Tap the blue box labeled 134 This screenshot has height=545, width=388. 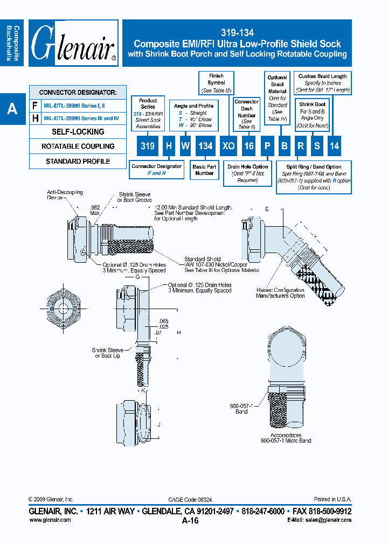(x=204, y=146)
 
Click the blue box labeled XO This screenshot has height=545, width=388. (x=228, y=146)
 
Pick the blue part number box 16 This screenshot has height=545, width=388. (x=248, y=146)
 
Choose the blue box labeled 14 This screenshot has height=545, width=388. (x=334, y=146)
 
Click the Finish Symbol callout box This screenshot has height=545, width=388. (x=216, y=82)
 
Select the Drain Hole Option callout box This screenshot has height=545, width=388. (x=247, y=173)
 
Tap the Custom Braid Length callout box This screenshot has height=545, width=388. (x=323, y=83)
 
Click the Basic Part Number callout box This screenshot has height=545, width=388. (x=204, y=170)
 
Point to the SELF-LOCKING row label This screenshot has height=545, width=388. (x=78, y=131)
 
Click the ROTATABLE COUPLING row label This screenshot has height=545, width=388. (x=78, y=146)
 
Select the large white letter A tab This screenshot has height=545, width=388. (x=12, y=109)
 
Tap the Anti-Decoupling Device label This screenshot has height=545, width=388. (x=64, y=194)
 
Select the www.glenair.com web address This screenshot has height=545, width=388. (x=50, y=520)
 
